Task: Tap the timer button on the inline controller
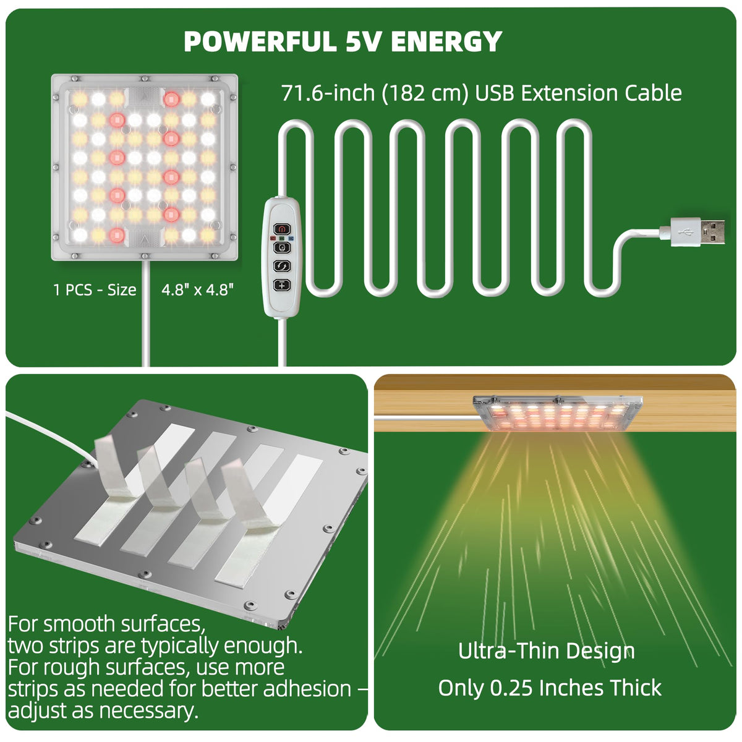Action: click(x=281, y=247)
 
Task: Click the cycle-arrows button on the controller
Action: click(x=281, y=266)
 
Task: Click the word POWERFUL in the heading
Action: click(x=260, y=41)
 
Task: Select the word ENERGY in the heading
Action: click(x=446, y=41)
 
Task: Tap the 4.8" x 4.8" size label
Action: click(x=197, y=289)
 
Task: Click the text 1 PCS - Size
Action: click(x=95, y=290)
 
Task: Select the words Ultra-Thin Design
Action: click(x=547, y=650)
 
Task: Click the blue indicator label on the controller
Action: click(x=291, y=238)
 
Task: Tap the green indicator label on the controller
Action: click(x=281, y=238)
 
